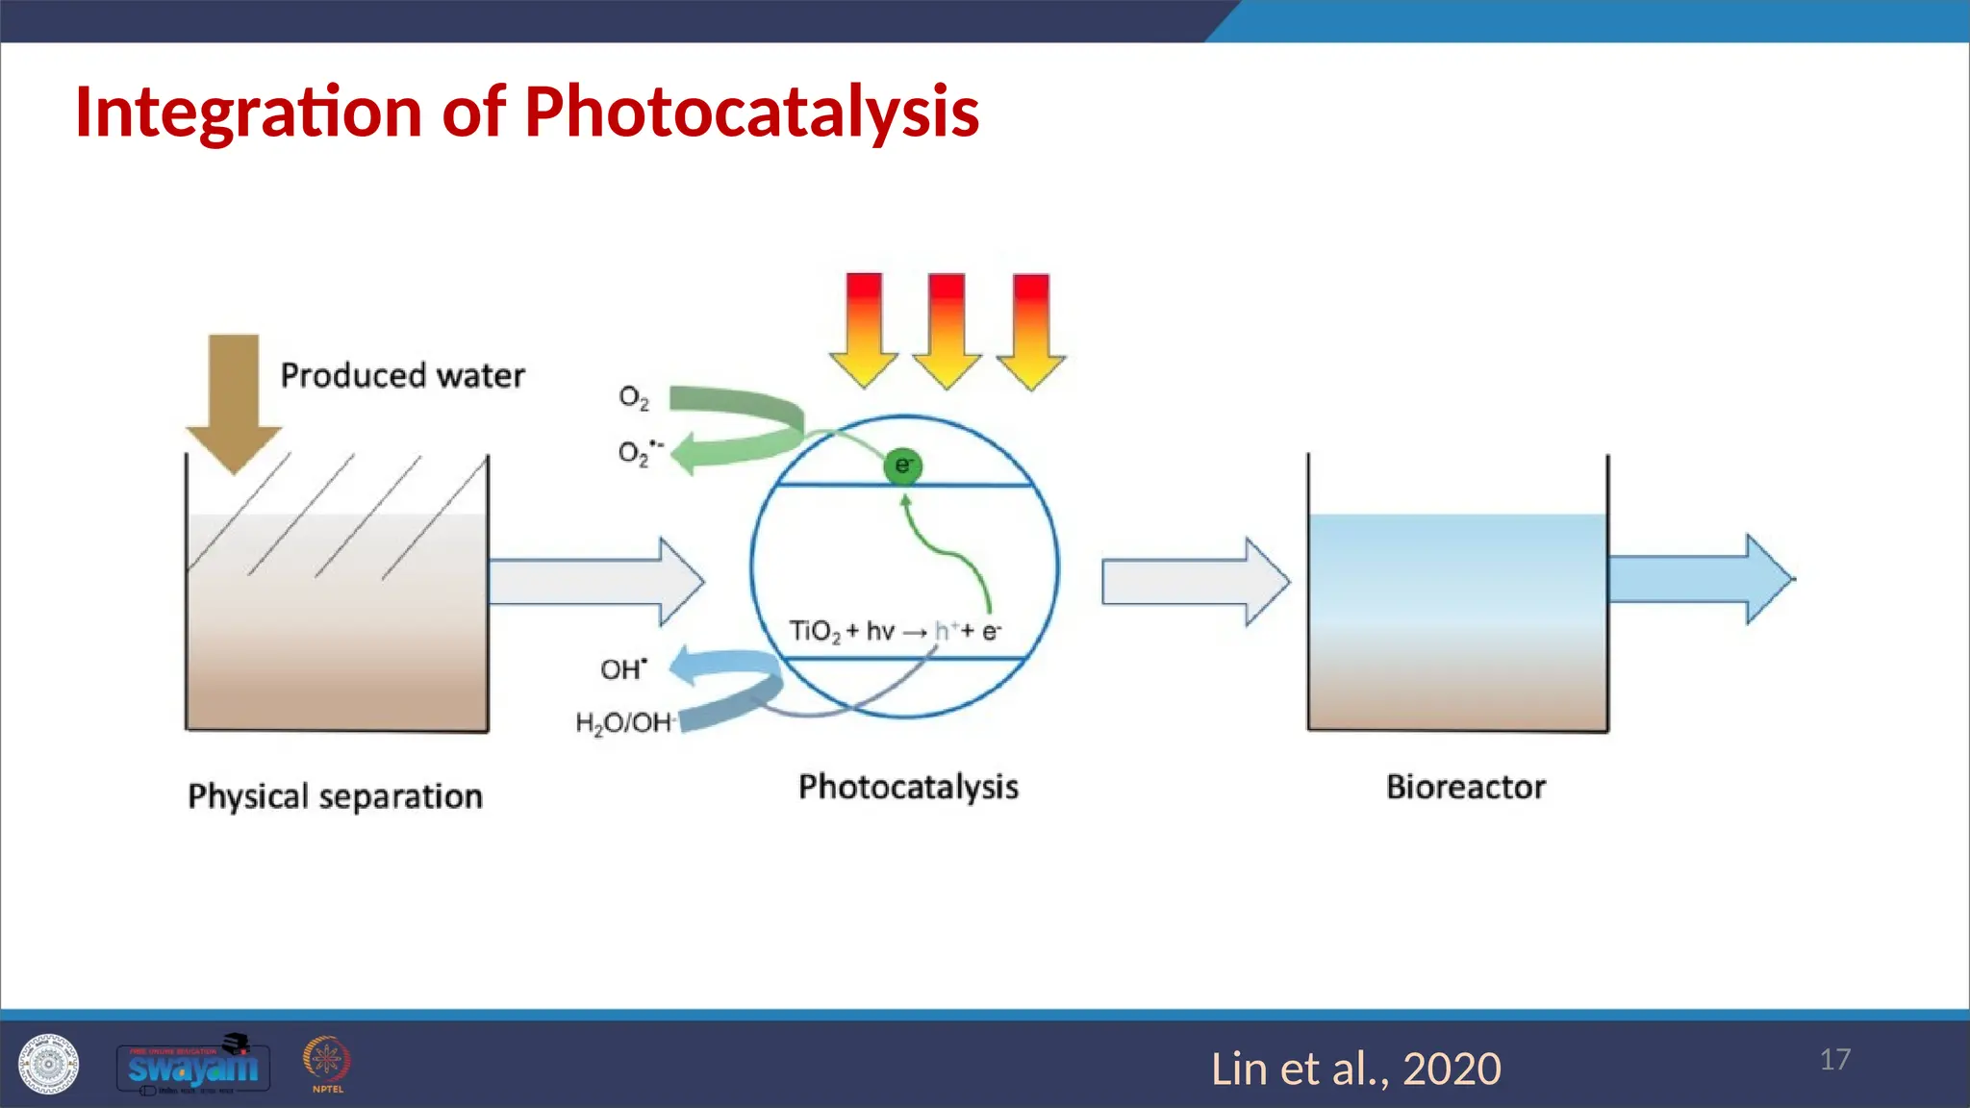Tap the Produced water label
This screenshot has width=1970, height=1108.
click(402, 375)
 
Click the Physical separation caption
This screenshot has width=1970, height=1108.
click(335, 796)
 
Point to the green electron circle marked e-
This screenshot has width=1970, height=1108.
click(902, 466)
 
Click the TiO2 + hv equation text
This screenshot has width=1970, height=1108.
click(895, 632)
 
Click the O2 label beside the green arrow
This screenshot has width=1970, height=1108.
click(633, 396)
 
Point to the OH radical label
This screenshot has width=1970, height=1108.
click(623, 669)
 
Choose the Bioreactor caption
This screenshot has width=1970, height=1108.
click(1465, 787)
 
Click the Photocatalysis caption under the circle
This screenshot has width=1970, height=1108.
click(908, 787)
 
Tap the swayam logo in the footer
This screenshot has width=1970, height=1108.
click(192, 1066)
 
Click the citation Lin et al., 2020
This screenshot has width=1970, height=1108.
click(1355, 1069)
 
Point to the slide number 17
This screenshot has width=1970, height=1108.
click(1834, 1059)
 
